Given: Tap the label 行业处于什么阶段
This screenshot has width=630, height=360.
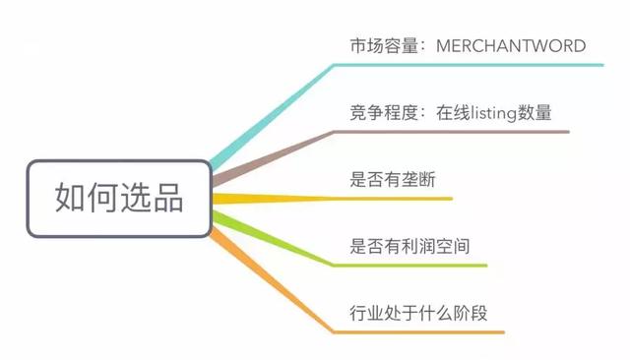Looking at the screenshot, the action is click(x=419, y=314).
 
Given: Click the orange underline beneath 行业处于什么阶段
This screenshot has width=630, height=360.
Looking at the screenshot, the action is click(x=423, y=331).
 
